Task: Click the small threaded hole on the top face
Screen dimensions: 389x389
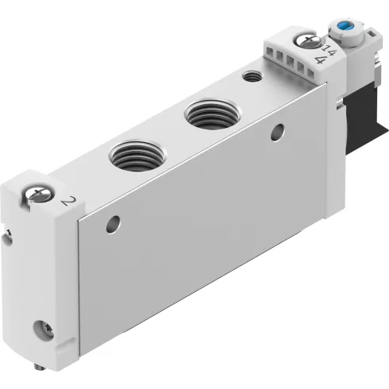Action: click(x=252, y=77)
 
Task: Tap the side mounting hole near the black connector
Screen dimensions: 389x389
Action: click(x=278, y=130)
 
